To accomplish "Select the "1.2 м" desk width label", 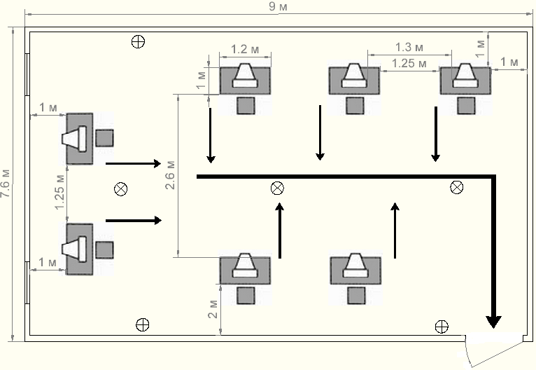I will (239, 50).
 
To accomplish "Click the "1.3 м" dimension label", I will (409, 48).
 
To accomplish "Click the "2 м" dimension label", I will (213, 307).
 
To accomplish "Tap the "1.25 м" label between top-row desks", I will (409, 63).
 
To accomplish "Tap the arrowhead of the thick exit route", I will (494, 321).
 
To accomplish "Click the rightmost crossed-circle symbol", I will (456, 186).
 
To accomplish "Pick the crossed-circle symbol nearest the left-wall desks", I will (121, 188).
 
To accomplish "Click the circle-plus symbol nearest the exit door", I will (442, 326).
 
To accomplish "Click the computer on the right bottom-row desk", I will (356, 265).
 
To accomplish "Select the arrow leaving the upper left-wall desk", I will (133, 163).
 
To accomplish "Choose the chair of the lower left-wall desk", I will (105, 249).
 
